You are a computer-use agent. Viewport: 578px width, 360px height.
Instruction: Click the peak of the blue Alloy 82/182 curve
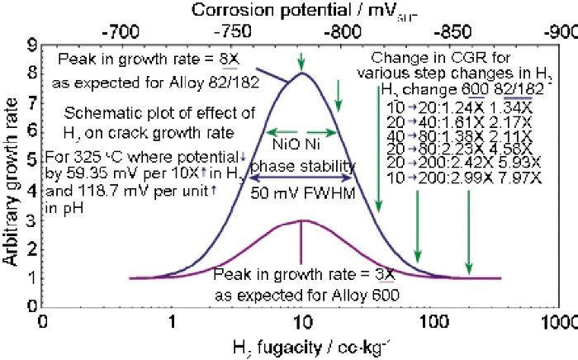(302, 73)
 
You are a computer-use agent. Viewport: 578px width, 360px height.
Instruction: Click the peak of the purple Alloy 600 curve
(302, 220)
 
